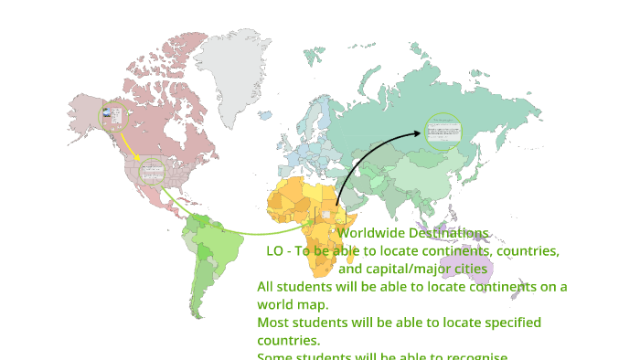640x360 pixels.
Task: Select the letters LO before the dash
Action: [275, 250]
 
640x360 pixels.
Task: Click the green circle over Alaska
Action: [115, 116]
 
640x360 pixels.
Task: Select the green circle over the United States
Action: [152, 171]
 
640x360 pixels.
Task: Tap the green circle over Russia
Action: [443, 132]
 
